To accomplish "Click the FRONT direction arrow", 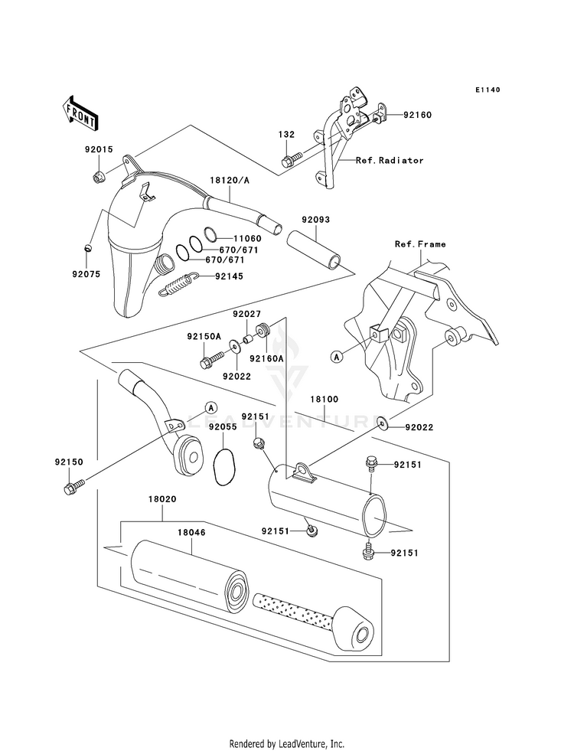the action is tap(80, 113).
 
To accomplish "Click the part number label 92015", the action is tap(99, 149).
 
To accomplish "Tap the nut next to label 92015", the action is tap(98, 177).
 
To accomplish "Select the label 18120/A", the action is tap(230, 181).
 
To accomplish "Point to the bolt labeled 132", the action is tap(292, 159).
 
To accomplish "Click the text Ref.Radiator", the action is tap(390, 161).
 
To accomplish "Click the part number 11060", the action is tap(247, 239).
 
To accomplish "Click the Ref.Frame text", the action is tap(420, 244).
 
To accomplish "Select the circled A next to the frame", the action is tap(337, 356).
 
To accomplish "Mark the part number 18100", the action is tap(324, 400).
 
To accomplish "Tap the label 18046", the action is tap(191, 533).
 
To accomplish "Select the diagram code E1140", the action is tap(488, 90).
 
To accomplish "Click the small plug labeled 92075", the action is tap(86, 247).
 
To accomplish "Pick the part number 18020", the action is tap(161, 499).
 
